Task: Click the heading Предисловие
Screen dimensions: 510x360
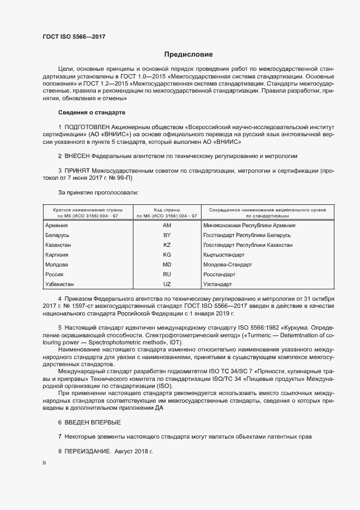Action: (x=188, y=54)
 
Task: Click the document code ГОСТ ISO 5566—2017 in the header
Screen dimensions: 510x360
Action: (x=74, y=37)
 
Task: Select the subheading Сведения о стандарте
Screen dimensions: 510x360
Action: (x=91, y=112)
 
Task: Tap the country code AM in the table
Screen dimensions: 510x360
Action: (x=167, y=226)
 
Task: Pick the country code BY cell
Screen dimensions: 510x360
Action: (x=167, y=235)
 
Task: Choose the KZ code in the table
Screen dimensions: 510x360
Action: (x=167, y=245)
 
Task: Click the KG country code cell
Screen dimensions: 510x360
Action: (x=167, y=255)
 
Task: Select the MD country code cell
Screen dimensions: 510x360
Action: (x=167, y=265)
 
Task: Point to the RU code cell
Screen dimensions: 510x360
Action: (x=167, y=275)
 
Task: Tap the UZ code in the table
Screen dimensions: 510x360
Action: (x=167, y=284)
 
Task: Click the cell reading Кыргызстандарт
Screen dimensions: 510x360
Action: (x=224, y=255)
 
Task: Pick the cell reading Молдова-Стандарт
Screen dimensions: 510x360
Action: (x=227, y=265)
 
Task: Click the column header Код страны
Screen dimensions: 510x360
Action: (x=167, y=209)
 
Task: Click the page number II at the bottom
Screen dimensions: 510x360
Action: (x=45, y=463)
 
